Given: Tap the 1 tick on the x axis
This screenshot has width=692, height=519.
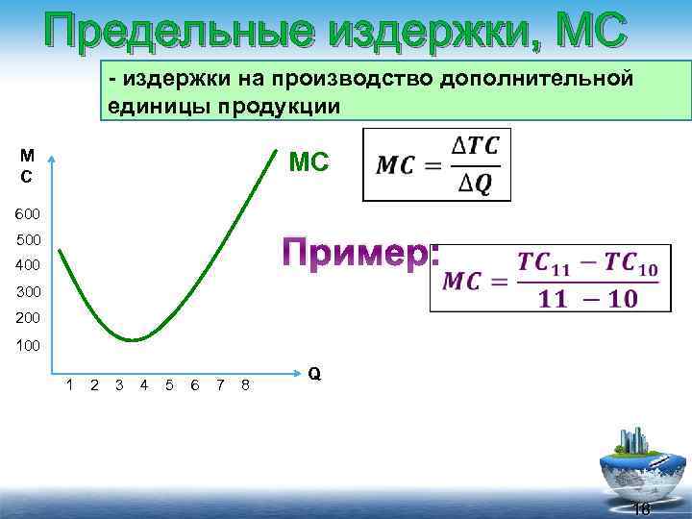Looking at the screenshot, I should (69, 385).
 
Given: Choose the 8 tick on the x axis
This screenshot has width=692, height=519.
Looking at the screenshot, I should (246, 385).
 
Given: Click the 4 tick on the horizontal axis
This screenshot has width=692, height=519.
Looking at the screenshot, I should (143, 385).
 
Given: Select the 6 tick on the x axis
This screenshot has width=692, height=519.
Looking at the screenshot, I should (195, 385).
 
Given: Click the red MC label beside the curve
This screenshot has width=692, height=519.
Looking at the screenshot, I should (309, 163).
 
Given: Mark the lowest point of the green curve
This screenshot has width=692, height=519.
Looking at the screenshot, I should (135, 339).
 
